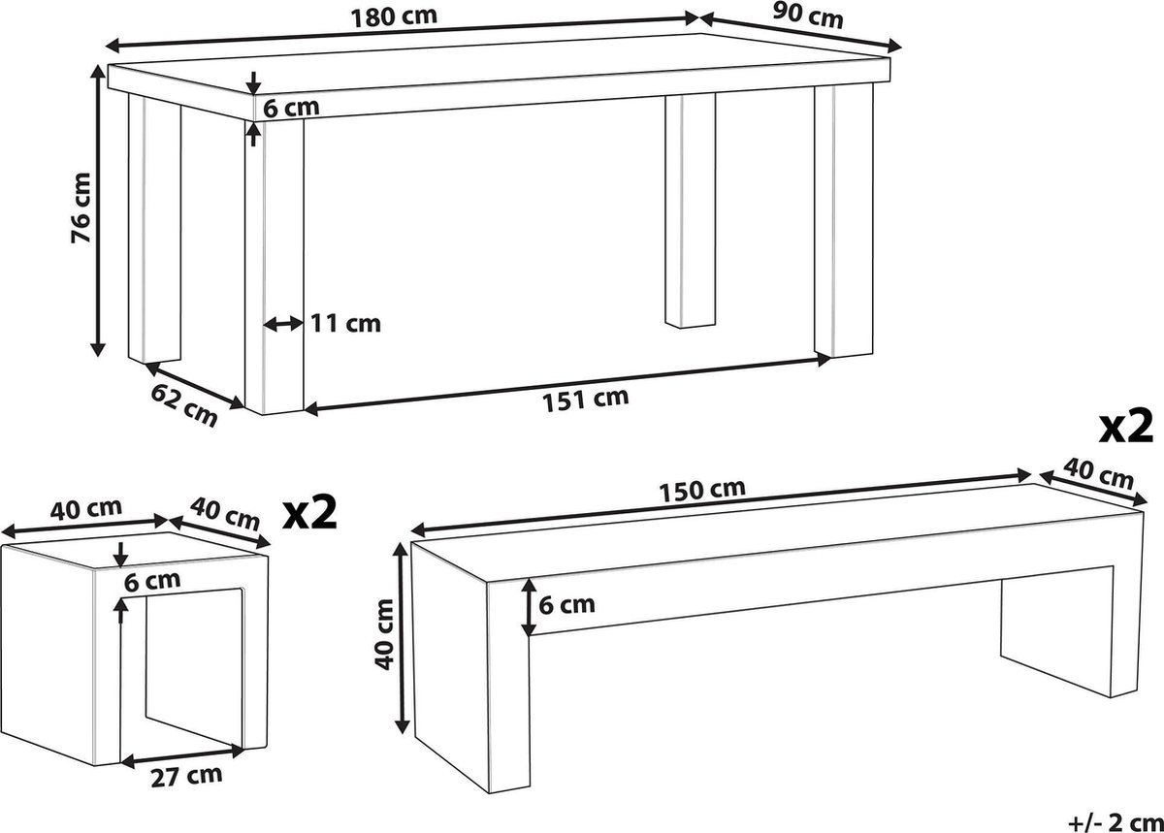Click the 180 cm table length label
click(394, 16)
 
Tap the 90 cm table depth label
click(807, 15)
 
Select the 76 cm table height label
click(81, 208)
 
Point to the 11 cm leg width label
click(345, 324)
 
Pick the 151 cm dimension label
click(585, 400)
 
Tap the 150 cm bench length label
click(702, 490)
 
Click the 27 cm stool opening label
click(186, 777)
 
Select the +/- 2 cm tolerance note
click(1115, 822)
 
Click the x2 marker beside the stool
click(309, 513)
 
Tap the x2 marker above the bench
click(1125, 427)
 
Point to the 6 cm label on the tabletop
click(291, 108)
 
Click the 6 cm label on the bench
click(566, 605)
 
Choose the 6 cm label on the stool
click(152, 581)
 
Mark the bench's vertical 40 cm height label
click(384, 634)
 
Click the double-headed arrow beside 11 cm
click(283, 324)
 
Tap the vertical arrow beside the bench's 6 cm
click(529, 607)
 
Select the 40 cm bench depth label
click(1098, 474)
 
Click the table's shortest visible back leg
click(690, 210)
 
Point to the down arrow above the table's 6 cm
click(253, 83)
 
